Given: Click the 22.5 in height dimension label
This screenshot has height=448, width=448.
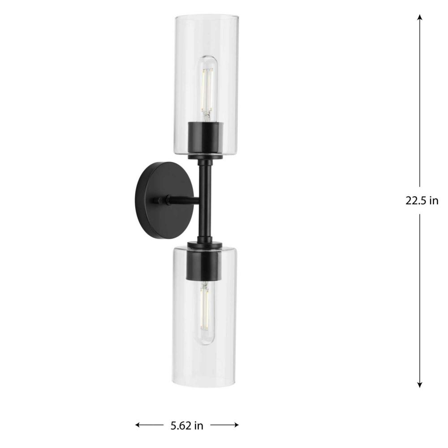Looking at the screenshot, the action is (x=422, y=201).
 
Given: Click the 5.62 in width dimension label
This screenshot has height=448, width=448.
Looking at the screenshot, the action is (x=187, y=426).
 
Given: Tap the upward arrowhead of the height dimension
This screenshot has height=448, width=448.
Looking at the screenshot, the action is (x=419, y=17).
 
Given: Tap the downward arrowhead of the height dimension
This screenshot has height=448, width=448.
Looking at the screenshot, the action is (x=419, y=384).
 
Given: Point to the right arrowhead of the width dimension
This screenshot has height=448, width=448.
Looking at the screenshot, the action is (x=236, y=425).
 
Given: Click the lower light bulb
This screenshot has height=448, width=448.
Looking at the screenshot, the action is (x=205, y=313).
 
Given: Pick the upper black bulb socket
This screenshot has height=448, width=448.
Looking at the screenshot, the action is (x=205, y=140).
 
